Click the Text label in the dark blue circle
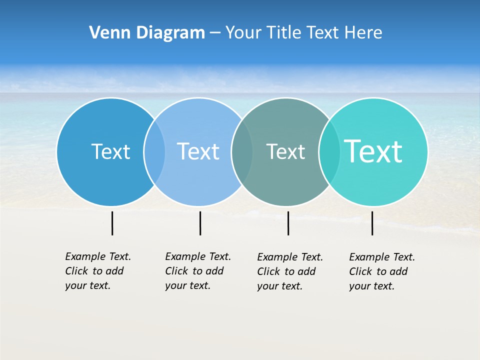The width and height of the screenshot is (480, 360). pos(110,151)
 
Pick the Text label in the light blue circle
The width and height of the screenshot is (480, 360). pos(198,151)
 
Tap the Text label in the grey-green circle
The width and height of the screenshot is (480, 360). pos(285,151)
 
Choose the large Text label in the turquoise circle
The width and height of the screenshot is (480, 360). pos(373,151)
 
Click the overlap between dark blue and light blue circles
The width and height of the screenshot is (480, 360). pos(154,151)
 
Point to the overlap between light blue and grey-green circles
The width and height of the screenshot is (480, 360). pos(242,151)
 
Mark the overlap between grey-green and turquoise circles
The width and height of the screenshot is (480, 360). pos(329,151)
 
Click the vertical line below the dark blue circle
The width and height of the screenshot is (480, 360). pos(112,223)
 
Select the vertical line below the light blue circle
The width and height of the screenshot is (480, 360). pos(200,223)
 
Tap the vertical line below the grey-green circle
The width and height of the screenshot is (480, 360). pos(288,223)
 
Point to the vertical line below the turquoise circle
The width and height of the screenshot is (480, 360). pos(372,223)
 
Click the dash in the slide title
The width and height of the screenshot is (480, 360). pos(215,33)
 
